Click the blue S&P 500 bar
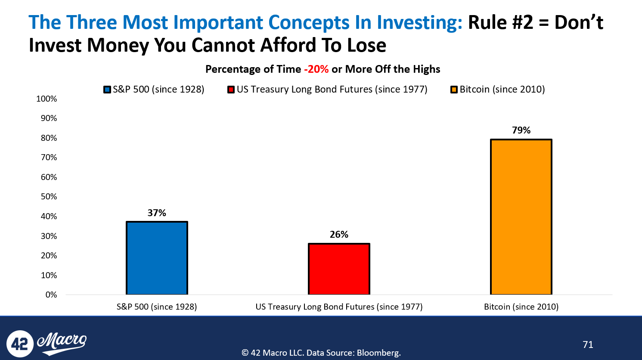tap(157, 258)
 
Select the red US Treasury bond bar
tap(339, 269)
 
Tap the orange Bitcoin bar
tap(521, 217)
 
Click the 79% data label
tap(521, 130)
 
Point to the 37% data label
tap(157, 213)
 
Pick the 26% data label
tap(339, 235)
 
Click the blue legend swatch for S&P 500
tap(107, 90)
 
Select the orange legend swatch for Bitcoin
tap(454, 90)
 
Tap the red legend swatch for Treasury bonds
tap(231, 90)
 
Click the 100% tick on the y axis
tap(47, 99)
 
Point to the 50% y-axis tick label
tap(49, 197)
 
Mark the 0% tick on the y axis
tap(51, 295)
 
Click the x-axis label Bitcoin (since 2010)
tap(521, 307)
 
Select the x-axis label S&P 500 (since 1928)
tap(157, 307)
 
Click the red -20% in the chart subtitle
tap(316, 69)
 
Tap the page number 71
tap(588, 344)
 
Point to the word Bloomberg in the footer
tap(378, 353)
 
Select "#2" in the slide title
tap(522, 22)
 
